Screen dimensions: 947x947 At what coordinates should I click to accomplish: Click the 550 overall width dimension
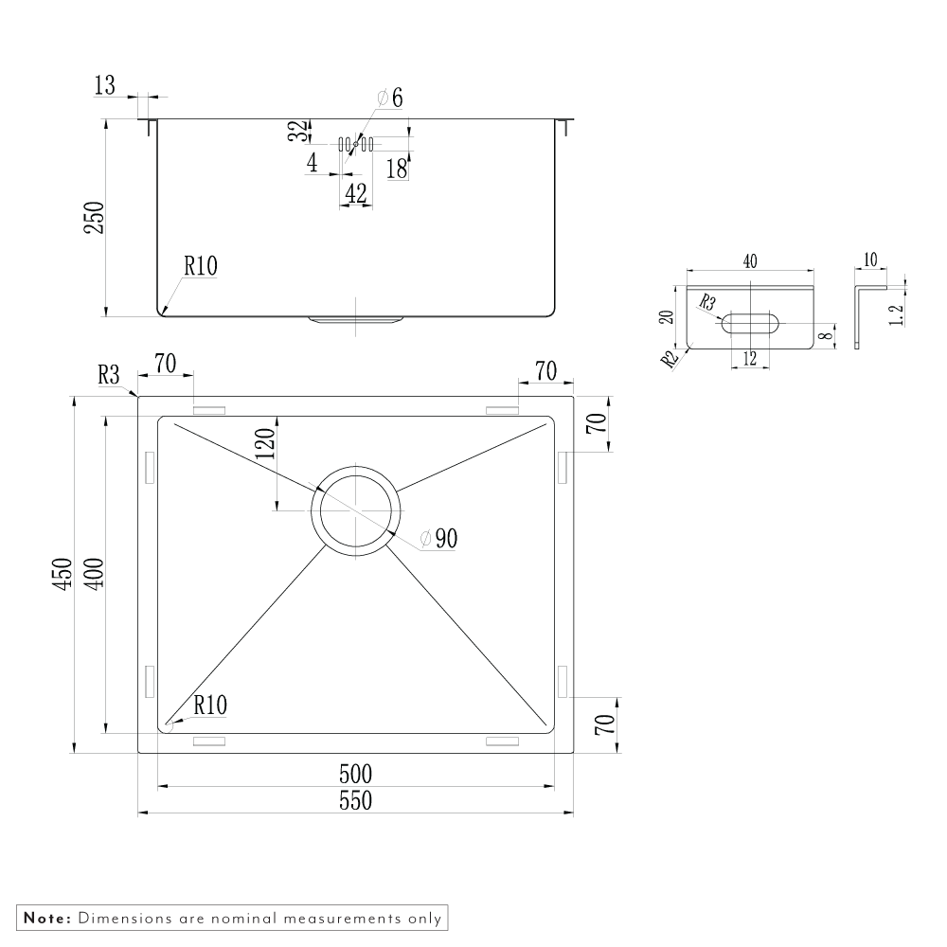[355, 801]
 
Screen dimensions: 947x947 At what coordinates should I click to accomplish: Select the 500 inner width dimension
[355, 774]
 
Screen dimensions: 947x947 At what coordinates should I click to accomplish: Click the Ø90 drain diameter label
[438, 539]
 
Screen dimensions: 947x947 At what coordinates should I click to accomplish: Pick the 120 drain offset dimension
[264, 444]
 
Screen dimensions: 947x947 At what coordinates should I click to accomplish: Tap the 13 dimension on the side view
[104, 86]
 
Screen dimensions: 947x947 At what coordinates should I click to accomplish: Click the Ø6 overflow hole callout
[389, 97]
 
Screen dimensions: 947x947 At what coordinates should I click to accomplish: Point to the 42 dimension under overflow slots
[356, 193]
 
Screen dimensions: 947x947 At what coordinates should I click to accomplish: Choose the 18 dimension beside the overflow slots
[397, 169]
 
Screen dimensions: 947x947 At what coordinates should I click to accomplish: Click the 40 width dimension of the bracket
[750, 262]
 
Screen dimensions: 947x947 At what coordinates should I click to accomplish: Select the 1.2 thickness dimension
[898, 309]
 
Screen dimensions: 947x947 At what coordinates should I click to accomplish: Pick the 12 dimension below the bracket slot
[750, 358]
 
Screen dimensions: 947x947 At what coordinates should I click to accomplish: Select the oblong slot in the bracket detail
[751, 323]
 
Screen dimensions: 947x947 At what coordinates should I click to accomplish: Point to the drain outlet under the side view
[355, 321]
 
